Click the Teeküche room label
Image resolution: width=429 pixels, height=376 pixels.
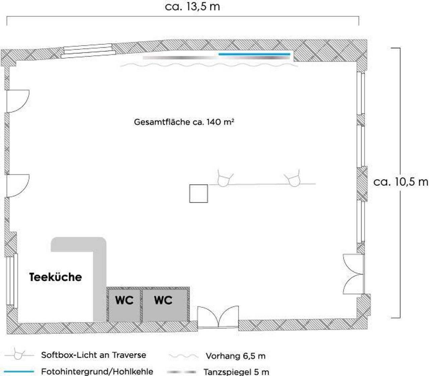pyautogui.click(x=56, y=277)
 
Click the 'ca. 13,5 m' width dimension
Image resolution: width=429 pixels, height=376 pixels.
pyautogui.click(x=192, y=7)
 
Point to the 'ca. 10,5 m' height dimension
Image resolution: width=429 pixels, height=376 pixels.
pyautogui.click(x=401, y=182)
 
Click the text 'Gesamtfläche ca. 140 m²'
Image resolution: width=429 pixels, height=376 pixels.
pyautogui.click(x=184, y=122)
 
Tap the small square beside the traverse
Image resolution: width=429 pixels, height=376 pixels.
pyautogui.click(x=198, y=194)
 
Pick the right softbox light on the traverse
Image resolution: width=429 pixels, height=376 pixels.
pyautogui.click(x=291, y=179)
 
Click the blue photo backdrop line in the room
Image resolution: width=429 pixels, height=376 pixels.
pyautogui.click(x=254, y=54)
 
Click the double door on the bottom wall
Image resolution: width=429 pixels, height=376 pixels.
pyautogui.click(x=218, y=317)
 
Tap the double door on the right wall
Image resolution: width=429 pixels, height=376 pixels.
pyautogui.click(x=353, y=274)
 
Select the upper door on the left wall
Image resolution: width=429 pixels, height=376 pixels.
pyautogui.click(x=17, y=101)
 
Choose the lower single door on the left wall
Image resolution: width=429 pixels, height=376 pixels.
pyautogui.click(x=17, y=185)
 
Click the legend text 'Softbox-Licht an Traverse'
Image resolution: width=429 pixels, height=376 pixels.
pyautogui.click(x=94, y=355)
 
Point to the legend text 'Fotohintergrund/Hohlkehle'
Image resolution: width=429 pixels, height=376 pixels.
pyautogui.click(x=97, y=371)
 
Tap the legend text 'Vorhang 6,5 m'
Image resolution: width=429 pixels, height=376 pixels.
pyautogui.click(x=235, y=356)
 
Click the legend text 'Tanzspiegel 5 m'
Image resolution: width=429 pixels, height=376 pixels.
pyautogui.click(x=236, y=372)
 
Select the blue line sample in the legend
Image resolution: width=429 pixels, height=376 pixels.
pyautogui.click(x=19, y=371)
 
